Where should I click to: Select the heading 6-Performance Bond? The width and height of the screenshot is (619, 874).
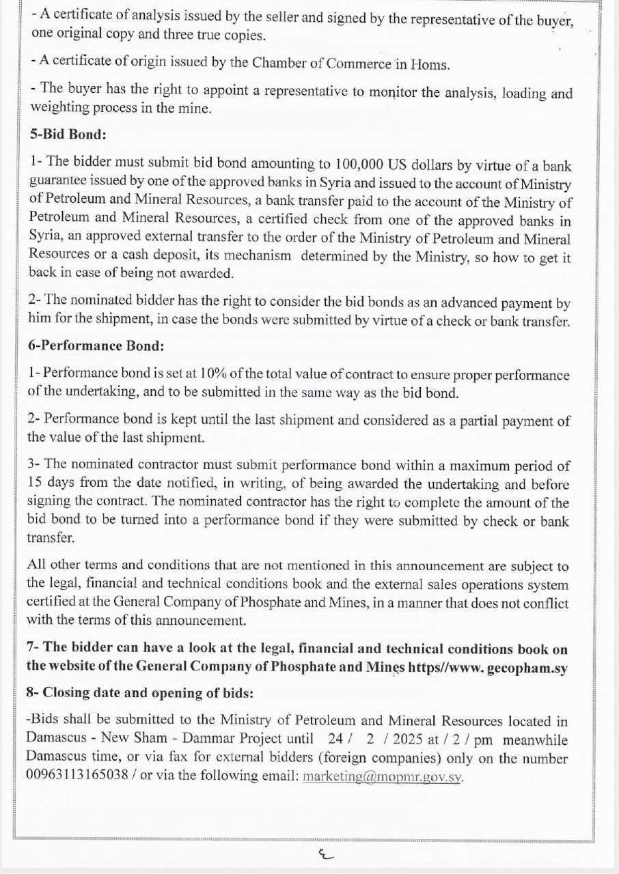(x=96, y=346)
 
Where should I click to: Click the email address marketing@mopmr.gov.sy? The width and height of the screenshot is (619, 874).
(x=382, y=778)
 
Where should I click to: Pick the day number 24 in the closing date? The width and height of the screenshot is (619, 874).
(x=335, y=739)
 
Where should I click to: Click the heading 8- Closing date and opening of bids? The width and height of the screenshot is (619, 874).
(x=139, y=692)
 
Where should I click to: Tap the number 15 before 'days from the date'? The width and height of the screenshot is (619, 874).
(x=35, y=484)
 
